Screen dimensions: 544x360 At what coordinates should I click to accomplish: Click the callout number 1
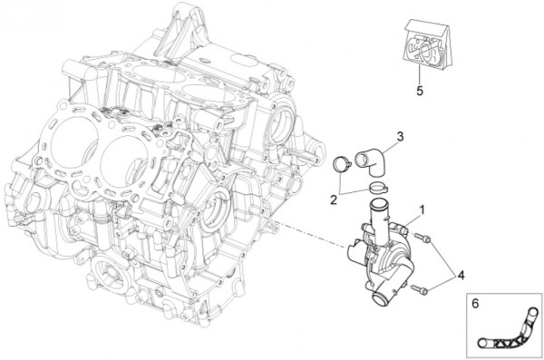coord(422,209)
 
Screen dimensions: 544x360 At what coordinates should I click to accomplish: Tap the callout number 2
coord(334,200)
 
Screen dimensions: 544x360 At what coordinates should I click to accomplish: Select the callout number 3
coord(400,137)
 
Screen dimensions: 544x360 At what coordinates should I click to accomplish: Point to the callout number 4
coord(461,276)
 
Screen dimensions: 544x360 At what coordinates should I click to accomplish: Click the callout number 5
coord(420,91)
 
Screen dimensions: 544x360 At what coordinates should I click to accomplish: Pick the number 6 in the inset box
coord(475,304)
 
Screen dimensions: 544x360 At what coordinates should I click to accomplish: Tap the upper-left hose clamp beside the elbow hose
coord(342,163)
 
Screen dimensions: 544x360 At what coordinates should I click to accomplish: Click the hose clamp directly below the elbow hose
coord(378,188)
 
